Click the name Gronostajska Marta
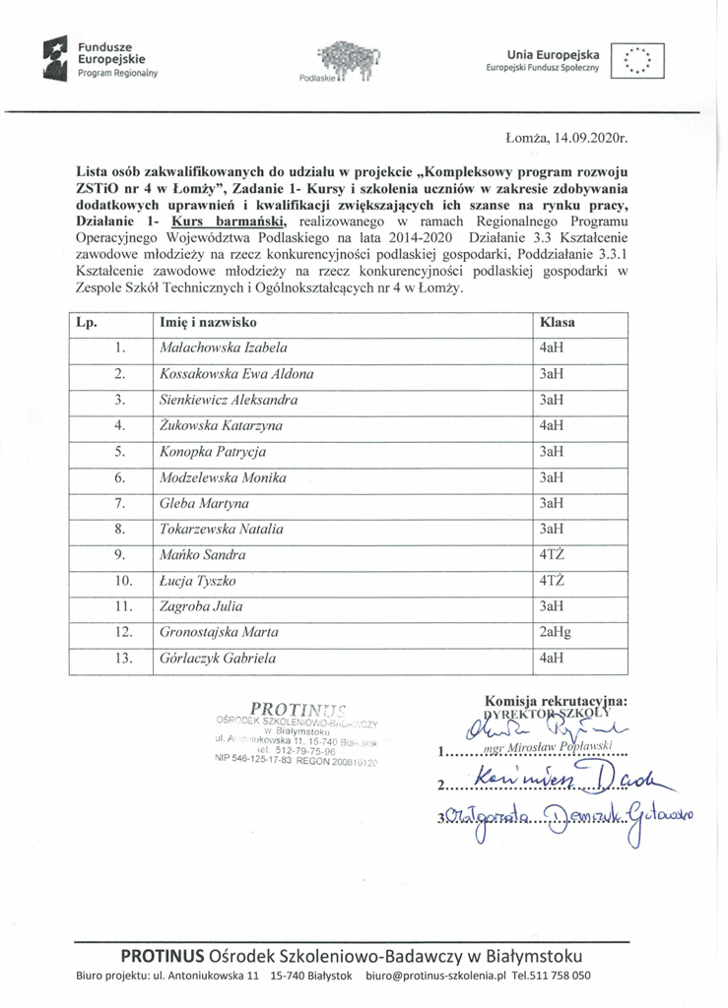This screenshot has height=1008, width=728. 219,631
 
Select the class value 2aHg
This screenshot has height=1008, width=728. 557,631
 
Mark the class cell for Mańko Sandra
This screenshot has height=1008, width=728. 552,554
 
